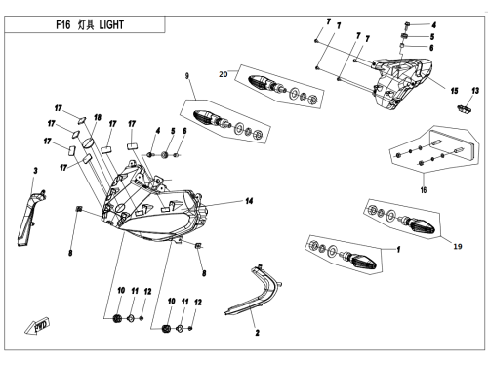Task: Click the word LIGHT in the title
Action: click(x=111, y=24)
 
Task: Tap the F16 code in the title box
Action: click(x=62, y=24)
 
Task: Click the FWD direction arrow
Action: click(x=37, y=326)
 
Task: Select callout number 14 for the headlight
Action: click(x=249, y=201)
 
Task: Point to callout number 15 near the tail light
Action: click(x=454, y=91)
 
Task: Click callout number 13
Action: click(x=475, y=91)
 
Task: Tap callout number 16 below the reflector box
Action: click(x=424, y=189)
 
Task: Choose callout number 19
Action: click(x=458, y=246)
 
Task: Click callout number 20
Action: click(x=223, y=74)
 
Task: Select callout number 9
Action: click(x=187, y=76)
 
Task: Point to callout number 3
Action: click(x=35, y=171)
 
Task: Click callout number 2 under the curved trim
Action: click(x=258, y=333)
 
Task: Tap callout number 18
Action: click(x=98, y=117)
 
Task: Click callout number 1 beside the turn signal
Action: click(x=398, y=250)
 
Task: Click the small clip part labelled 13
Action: click(x=465, y=109)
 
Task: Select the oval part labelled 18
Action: click(x=89, y=142)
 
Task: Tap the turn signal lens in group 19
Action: click(x=422, y=226)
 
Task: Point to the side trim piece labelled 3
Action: click(x=27, y=218)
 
